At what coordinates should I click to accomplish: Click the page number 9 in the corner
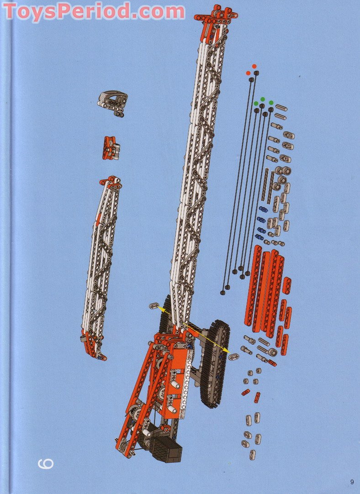(352, 481)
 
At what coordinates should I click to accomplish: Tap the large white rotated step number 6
(46, 463)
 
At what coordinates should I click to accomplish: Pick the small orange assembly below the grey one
(111, 147)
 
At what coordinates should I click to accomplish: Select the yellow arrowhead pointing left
(161, 309)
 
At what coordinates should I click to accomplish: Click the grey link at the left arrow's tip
(154, 305)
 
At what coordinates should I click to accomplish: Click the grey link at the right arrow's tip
(233, 357)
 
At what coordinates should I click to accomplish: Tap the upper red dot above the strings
(254, 66)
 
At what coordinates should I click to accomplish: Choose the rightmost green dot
(271, 103)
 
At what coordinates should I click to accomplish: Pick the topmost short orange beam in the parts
(286, 285)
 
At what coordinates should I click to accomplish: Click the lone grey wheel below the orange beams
(273, 352)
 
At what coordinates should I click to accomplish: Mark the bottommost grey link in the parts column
(252, 454)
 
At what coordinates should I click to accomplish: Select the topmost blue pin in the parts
(263, 209)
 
